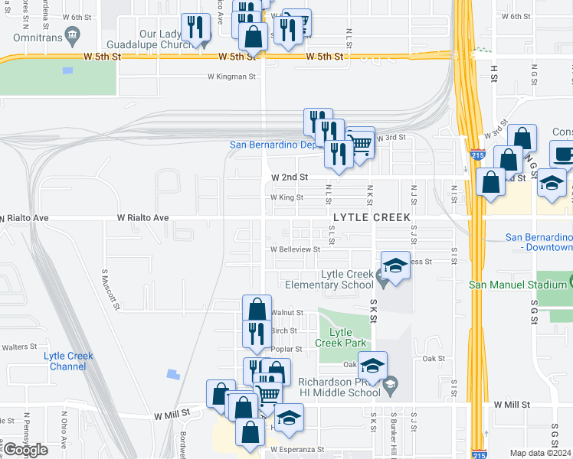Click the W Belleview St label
294,249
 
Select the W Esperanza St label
298,450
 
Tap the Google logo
25,450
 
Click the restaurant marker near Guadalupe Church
197,28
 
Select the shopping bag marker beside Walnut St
257,310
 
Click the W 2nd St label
290,177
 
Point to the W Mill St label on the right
512,404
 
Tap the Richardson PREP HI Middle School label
342,387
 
